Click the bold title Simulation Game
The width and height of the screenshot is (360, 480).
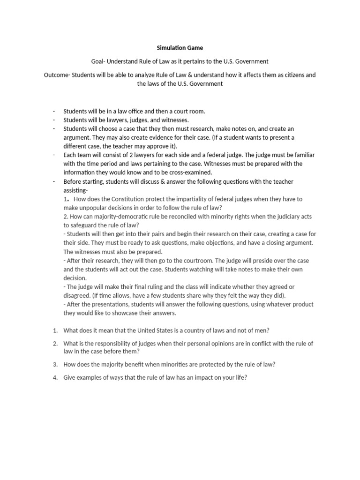180,48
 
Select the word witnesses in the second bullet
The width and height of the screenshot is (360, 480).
173,120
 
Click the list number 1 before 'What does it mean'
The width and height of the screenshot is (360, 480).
55,330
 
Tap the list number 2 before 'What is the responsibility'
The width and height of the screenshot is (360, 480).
55,344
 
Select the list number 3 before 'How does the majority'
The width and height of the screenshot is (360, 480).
55,364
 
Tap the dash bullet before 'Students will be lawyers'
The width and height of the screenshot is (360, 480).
54,120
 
